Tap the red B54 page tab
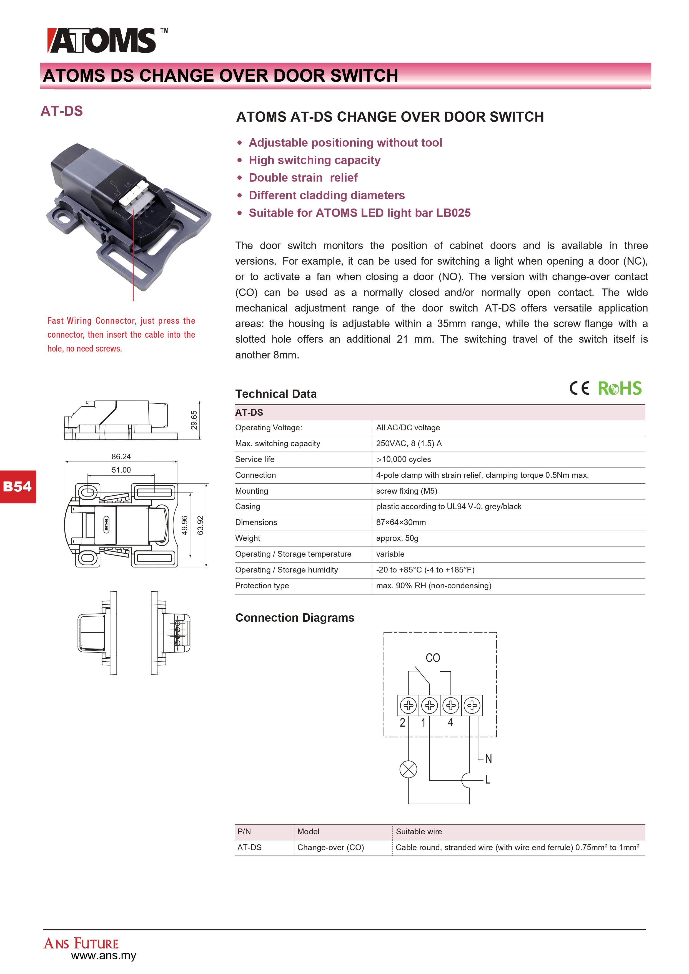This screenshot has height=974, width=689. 17,486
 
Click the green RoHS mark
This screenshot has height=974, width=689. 619,388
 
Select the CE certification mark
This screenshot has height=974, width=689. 579,388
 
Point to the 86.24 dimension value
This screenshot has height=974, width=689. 121,456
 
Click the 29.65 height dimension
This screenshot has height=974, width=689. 194,420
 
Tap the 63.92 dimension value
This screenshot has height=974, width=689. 200,525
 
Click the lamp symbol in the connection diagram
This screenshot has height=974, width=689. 408,769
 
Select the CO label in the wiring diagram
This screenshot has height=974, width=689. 433,658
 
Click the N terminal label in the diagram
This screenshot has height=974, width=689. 488,759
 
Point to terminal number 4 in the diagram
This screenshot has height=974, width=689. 450,722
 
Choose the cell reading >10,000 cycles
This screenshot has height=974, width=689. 404,460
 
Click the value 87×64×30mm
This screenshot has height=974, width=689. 401,523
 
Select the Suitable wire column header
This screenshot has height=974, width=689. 419,832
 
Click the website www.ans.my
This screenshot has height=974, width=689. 104,956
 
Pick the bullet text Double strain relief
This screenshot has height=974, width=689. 303,178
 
